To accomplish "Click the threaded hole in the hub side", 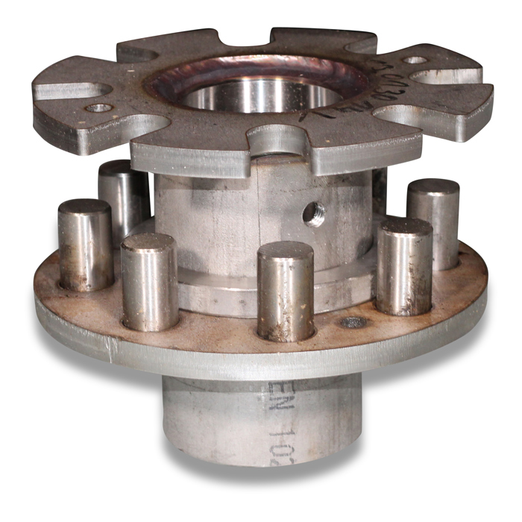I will (313, 214).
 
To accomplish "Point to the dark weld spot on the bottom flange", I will (353, 323).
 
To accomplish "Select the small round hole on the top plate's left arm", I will (98, 108).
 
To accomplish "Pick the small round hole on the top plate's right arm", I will (415, 60).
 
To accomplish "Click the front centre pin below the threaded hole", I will (285, 291).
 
